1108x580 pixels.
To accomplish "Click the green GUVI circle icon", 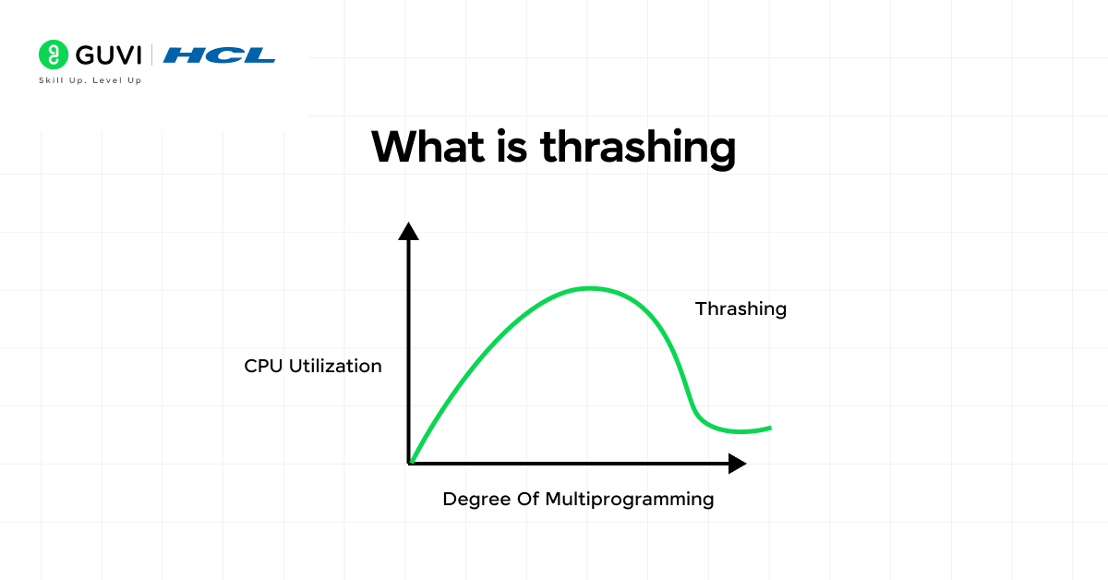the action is coord(54,54).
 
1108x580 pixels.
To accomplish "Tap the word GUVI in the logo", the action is coord(109,54).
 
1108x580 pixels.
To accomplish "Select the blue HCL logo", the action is coord(219,54).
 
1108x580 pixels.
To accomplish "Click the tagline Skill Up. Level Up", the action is coord(90,80).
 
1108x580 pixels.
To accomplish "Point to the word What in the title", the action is coord(428,147).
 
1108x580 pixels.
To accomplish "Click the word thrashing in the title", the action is coord(638,149).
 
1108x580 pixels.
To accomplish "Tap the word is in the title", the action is coord(512,147).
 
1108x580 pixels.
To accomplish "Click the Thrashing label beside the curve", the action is coord(741,308).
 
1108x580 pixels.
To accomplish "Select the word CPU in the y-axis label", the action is coord(263,367).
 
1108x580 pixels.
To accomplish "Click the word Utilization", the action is coord(335,367).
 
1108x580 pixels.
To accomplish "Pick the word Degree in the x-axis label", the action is coord(476,500).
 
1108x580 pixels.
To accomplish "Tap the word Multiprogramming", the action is coord(629,500).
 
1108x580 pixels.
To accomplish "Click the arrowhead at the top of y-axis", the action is coord(408,231).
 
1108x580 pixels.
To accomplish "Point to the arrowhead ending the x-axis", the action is coord(738,464).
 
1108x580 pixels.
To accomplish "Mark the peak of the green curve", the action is coord(590,288).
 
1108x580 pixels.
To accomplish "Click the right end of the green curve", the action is coord(770,428).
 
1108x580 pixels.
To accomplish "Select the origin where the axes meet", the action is coord(409,464).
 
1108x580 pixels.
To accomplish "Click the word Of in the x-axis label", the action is coord(528,499).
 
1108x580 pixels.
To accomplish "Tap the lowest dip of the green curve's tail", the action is coord(740,432).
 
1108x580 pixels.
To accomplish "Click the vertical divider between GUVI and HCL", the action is coord(151,54).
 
